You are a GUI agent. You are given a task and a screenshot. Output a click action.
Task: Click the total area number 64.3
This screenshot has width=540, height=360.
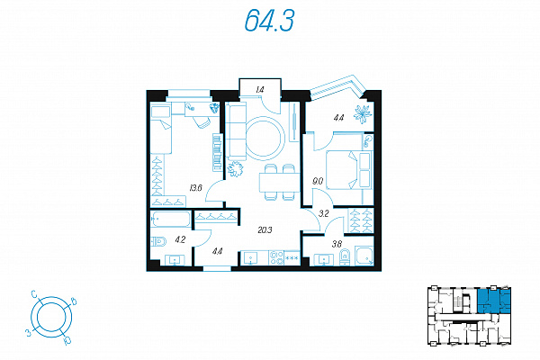tap(269, 20)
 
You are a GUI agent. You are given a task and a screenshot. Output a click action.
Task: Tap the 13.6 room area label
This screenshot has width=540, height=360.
tap(195, 188)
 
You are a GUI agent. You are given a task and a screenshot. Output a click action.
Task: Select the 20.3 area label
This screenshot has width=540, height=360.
tap(265, 229)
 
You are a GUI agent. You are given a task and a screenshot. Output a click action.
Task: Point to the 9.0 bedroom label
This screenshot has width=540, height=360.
tap(318, 181)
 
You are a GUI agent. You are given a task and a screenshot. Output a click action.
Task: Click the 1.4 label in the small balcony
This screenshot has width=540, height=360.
tap(260, 90)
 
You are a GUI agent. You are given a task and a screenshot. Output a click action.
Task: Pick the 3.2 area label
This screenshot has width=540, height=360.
tap(324, 213)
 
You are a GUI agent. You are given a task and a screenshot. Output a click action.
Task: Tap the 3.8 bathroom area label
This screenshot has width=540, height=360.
tap(337, 244)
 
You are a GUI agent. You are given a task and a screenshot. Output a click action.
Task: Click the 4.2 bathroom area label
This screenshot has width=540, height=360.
tap(180, 239)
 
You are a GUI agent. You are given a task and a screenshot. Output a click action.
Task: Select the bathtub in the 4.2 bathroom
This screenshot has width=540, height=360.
tap(170, 219)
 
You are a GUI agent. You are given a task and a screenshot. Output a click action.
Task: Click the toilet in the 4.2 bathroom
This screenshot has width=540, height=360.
tap(158, 241)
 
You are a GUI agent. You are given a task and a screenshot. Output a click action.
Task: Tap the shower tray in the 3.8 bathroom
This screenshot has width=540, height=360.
tap(364, 256)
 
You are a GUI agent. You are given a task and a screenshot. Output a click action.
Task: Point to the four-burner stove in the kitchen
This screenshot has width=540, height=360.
tap(276, 257)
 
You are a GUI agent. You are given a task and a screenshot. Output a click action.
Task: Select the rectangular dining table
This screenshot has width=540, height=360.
tap(280, 182)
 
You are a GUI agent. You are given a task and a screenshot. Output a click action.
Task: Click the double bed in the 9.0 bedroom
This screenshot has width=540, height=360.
tap(349, 170)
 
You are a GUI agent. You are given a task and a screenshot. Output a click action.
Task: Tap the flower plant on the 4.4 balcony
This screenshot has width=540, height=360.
tap(363, 113)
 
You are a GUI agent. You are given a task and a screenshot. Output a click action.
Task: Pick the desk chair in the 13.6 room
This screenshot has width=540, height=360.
tap(202, 122)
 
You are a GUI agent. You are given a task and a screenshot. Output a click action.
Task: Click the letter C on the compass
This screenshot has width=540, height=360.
tap(34, 294)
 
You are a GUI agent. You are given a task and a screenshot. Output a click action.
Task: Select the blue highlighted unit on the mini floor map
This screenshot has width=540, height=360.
tap(493, 301)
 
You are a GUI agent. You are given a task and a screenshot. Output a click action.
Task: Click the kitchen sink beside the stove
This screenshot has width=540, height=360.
tap(250, 257)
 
